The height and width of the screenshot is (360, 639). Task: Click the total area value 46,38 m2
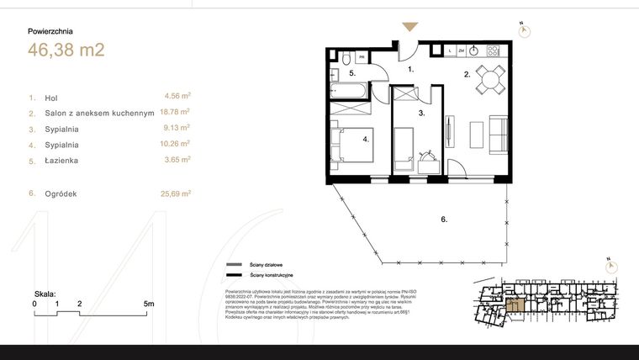66,50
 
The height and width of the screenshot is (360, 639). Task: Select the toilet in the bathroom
345,58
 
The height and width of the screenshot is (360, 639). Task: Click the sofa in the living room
497,134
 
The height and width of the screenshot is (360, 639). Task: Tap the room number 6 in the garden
443,220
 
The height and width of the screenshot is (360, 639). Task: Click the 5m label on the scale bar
148,303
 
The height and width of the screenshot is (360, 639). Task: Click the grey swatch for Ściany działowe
233,263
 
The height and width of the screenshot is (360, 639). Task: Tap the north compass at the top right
524,30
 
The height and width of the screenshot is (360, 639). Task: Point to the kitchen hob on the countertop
493,50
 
